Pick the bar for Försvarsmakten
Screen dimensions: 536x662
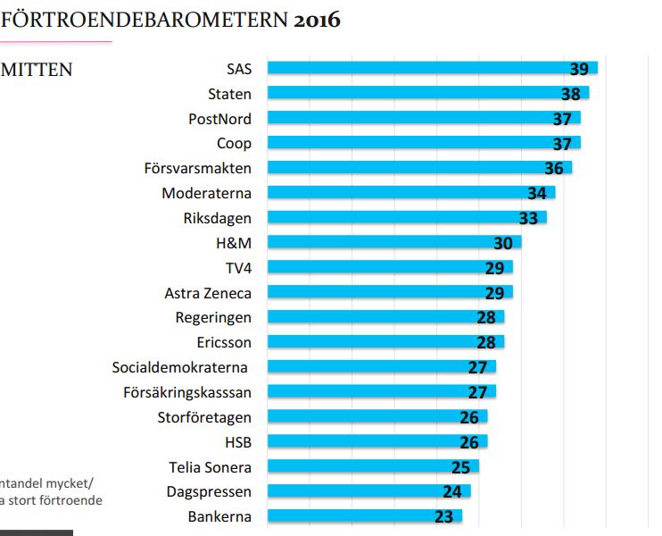click(419, 168)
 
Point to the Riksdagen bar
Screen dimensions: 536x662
click(407, 217)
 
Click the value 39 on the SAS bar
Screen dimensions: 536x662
click(580, 70)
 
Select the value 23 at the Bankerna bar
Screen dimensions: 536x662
click(444, 516)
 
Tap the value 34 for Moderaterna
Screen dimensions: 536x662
click(537, 193)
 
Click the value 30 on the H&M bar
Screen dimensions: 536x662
click(504, 243)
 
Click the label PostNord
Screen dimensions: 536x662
click(219, 119)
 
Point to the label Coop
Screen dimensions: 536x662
click(234, 143)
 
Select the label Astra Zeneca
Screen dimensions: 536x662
click(208, 293)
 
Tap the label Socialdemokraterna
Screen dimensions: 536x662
click(179, 367)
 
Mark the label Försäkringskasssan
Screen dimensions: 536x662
click(186, 392)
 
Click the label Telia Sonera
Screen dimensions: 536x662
click(210, 466)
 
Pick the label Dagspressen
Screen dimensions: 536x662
click(209, 491)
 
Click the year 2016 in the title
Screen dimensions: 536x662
click(317, 19)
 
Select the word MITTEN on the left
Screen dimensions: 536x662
click(37, 70)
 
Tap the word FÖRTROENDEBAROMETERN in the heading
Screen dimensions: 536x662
click(145, 19)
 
